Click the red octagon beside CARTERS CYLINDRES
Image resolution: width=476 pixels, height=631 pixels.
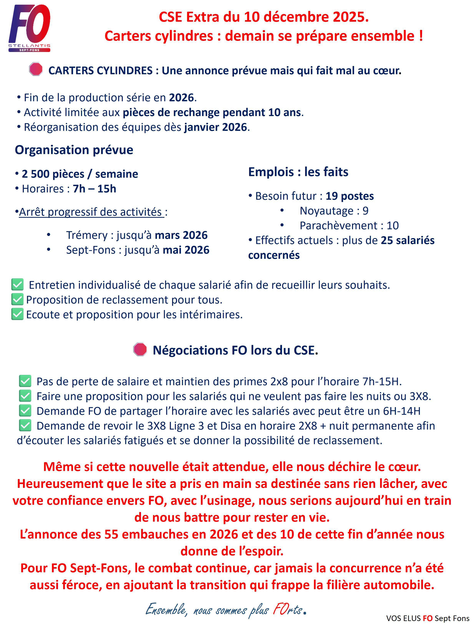(36, 69)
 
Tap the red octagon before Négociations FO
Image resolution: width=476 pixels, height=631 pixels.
(140, 349)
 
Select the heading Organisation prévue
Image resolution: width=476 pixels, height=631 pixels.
(74, 150)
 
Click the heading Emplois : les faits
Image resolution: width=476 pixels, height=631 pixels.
(298, 172)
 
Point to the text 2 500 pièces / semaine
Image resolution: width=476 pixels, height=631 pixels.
(80, 174)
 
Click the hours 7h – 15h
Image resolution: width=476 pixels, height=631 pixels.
(95, 189)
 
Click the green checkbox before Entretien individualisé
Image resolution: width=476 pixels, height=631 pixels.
(17, 285)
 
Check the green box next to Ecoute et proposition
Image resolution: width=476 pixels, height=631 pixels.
(17, 314)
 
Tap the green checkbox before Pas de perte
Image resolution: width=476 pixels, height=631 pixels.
(25, 381)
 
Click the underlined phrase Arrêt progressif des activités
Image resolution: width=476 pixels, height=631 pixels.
(91, 212)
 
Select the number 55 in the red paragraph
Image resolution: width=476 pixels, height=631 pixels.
(111, 534)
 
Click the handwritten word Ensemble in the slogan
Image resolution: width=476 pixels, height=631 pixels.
(166, 610)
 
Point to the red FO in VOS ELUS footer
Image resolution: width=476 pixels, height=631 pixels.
(427, 618)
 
